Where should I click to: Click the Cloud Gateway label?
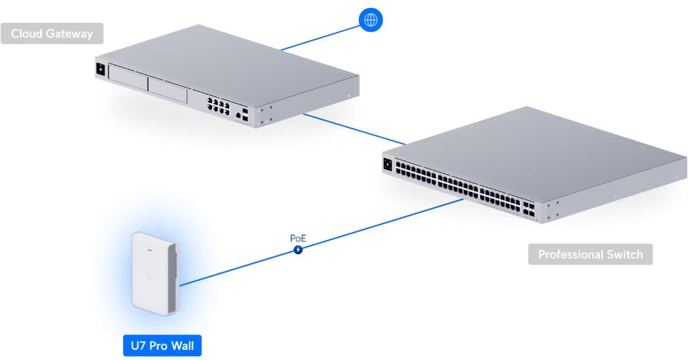pyautogui.click(x=52, y=33)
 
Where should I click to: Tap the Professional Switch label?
pyautogui.click(x=590, y=254)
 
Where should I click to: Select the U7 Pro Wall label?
pyautogui.click(x=162, y=345)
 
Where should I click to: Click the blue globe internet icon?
pyautogui.click(x=370, y=20)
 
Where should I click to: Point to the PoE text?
pyautogui.click(x=298, y=238)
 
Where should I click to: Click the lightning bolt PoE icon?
pyautogui.click(x=298, y=250)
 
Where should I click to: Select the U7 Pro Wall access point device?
pyautogui.click(x=156, y=274)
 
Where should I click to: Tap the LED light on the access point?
pyautogui.click(x=149, y=251)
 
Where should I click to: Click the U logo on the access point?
pyautogui.click(x=149, y=276)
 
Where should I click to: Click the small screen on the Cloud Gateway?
pyautogui.click(x=100, y=70)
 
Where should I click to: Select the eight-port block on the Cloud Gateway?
pyautogui.click(x=218, y=106)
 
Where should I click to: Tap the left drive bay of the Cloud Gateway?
pyautogui.click(x=127, y=78)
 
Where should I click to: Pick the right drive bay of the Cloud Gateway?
pyautogui.click(x=168, y=90)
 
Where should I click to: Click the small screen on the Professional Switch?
pyautogui.click(x=388, y=165)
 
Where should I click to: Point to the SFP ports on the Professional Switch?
pyautogui.click(x=528, y=210)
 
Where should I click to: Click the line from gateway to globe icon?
pyautogui.click(x=320, y=38)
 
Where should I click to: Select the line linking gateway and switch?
pyautogui.click(x=354, y=129)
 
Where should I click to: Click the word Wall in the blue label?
pyautogui.click(x=182, y=345)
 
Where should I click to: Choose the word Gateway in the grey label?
pyautogui.click(x=70, y=34)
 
